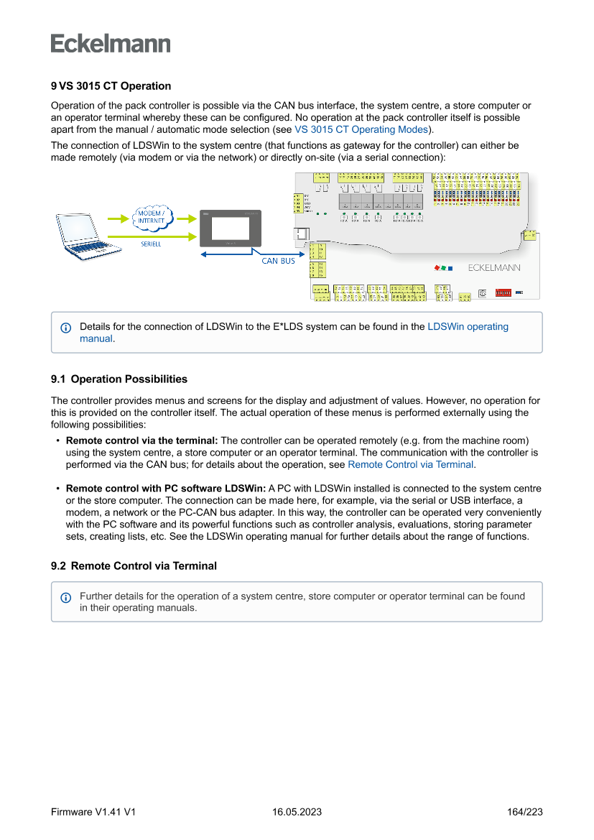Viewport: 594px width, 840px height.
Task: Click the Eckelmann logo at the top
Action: pos(111,43)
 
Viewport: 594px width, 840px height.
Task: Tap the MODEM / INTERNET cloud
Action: pos(151,217)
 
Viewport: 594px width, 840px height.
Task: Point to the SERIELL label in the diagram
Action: pos(151,244)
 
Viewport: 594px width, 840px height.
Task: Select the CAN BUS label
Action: pos(278,261)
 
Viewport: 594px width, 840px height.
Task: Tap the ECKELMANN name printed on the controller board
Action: pos(494,268)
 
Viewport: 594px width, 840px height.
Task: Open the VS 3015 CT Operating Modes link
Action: pos(361,130)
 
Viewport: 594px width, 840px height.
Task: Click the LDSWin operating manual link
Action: pos(468,327)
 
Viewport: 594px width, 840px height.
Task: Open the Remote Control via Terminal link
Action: pos(410,465)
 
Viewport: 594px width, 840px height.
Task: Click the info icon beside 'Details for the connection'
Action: pos(66,328)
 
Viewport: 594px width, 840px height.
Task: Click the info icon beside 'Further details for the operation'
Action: pos(66,597)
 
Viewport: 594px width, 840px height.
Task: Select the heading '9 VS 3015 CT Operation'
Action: pos(111,86)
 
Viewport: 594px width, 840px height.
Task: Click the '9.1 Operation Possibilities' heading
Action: pos(119,379)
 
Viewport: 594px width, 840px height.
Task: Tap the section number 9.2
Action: pos(58,566)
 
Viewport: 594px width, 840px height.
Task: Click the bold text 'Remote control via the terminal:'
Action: pos(141,440)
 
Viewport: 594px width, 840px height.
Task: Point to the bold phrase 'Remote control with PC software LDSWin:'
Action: pos(165,489)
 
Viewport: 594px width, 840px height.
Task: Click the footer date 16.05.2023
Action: pos(297,812)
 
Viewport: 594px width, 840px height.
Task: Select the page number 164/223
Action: pos(524,812)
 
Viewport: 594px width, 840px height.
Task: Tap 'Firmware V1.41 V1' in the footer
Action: pos(93,812)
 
